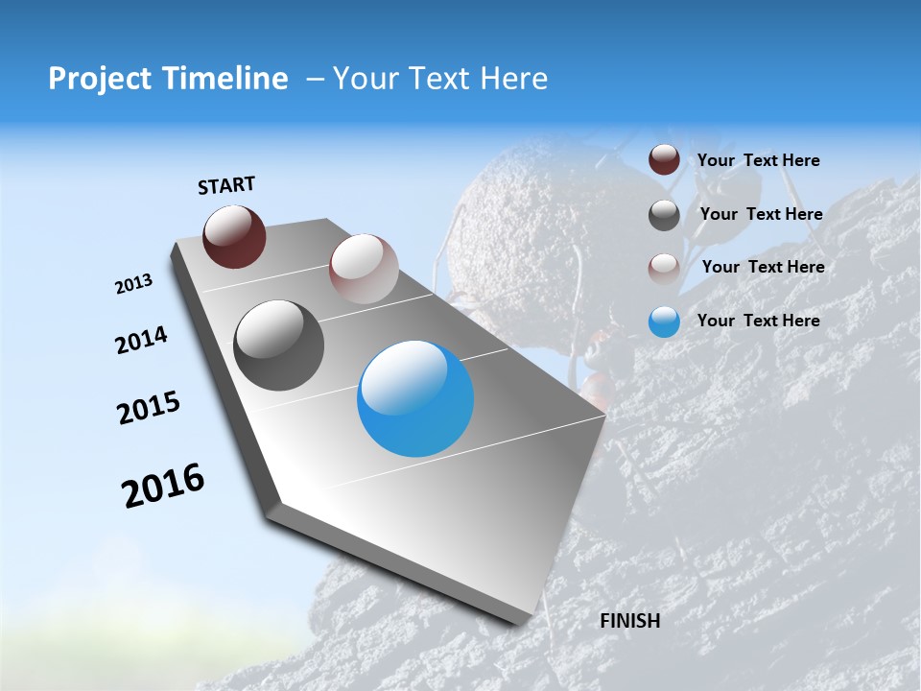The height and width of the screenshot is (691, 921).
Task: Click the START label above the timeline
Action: (226, 185)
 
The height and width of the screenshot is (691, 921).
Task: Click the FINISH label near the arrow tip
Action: (629, 621)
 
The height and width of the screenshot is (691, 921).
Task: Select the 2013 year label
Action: (133, 284)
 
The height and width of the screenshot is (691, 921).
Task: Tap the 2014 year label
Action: (141, 341)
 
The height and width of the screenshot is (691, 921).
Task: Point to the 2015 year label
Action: (149, 408)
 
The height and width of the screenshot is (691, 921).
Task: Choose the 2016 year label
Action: (163, 486)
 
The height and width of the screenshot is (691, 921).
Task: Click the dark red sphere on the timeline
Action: (234, 236)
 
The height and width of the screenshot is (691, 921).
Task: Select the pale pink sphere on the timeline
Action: (364, 269)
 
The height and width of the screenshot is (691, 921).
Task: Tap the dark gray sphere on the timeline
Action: (278, 345)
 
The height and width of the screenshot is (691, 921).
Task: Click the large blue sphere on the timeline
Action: (415, 398)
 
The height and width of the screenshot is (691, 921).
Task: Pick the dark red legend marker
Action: (664, 160)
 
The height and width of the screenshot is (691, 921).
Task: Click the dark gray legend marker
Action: (664, 215)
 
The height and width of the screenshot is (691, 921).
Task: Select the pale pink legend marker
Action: (664, 269)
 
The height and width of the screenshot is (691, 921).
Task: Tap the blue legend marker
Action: (664, 322)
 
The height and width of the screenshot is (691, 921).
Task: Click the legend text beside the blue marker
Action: (758, 321)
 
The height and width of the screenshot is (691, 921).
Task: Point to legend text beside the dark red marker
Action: (758, 160)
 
